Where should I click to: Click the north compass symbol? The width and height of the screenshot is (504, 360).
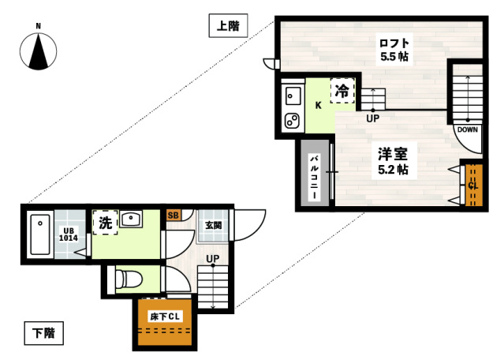tap(39, 50)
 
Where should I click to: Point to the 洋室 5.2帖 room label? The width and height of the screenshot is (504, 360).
tap(392, 160)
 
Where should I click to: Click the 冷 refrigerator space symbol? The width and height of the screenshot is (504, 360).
tap(342, 92)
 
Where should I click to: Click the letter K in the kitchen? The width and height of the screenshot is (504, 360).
tap(319, 106)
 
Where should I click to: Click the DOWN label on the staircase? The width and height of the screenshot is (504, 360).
tap(467, 129)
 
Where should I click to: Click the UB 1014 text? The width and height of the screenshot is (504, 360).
tap(69, 234)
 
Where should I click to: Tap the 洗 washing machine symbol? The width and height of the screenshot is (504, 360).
tap(105, 223)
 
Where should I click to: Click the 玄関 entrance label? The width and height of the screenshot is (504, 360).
tap(213, 225)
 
